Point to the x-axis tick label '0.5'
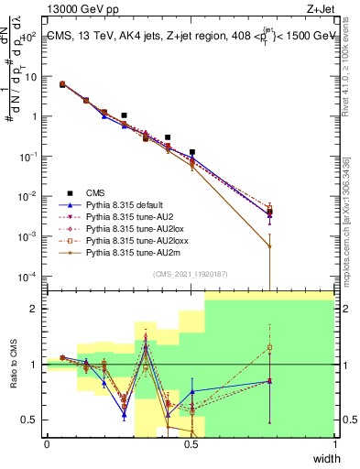[191, 444]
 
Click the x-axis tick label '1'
[334, 444]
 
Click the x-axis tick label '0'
[47, 444]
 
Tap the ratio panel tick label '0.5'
[32, 420]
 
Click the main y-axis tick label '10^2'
[30, 36]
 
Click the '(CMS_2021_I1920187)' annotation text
[191, 272]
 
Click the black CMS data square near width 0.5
[192, 152]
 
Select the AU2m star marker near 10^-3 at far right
[268, 245]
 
